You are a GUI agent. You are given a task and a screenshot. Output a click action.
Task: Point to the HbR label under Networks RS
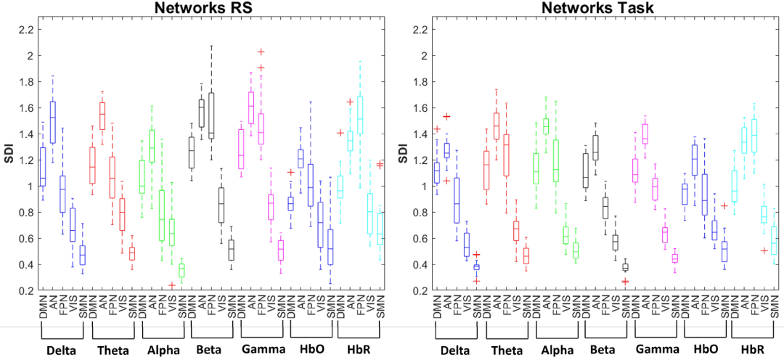coord(359,348)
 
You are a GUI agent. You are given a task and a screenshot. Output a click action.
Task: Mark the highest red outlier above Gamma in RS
coord(261,52)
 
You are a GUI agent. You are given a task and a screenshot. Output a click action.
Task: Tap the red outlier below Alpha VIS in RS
coord(171,285)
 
